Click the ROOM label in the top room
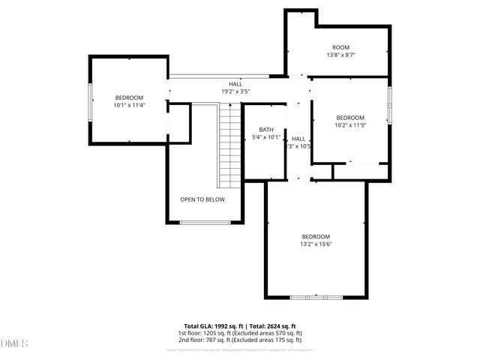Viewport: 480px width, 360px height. click(341, 48)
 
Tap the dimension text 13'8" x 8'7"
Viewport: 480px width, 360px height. click(341, 55)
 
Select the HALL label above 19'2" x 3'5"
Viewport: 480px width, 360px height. click(235, 84)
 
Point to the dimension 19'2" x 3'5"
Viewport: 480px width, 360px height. click(235, 91)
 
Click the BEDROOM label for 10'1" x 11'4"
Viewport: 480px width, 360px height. click(129, 97)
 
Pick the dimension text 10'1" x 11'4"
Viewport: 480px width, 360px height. click(129, 106)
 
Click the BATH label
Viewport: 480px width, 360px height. click(265, 130)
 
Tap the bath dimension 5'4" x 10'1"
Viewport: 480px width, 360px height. click(265, 137)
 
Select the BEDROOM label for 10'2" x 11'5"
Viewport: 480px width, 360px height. click(350, 118)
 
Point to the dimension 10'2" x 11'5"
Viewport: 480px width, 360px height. click(350, 125)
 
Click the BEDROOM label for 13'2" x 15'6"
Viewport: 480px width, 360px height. click(316, 236)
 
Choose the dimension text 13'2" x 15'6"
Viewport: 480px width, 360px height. click(316, 244)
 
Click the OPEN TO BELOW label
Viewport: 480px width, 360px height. click(202, 199)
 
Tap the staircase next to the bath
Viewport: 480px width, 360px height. click(229, 146)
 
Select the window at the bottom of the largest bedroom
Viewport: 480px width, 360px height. click(316, 298)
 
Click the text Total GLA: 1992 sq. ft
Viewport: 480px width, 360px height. click(214, 325)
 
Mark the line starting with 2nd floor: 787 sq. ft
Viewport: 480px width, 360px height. click(240, 340)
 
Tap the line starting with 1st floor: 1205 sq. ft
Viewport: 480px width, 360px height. click(240, 333)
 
